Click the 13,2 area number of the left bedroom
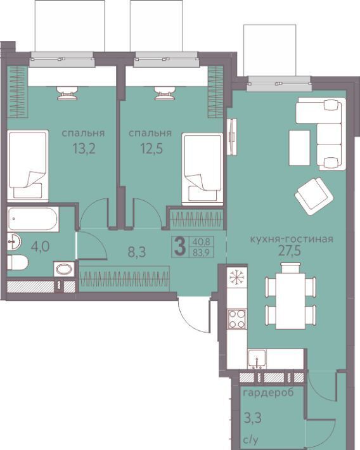coord(84,149)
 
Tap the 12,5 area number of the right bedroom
coord(151,149)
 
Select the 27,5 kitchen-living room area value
coord(290,251)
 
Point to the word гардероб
coord(269,392)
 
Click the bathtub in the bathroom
coord(34,219)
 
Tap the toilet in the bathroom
coord(17,262)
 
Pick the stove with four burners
coord(237,319)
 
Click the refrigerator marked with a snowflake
coord(237,277)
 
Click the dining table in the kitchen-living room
coord(290,301)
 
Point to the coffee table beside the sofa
coord(299,148)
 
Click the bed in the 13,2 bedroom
coord(28,166)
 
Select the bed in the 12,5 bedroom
coord(203,169)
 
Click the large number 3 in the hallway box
coord(180,247)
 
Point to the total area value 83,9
coord(201,252)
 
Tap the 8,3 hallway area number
coord(137,252)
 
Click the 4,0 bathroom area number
coord(40,247)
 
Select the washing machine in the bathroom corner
coord(64,269)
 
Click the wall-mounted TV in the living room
coord(232,137)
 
